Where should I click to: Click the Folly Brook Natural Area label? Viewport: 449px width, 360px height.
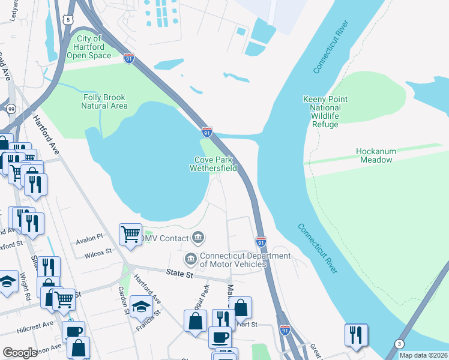pos(104,101)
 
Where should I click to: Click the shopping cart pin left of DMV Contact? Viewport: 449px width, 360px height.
pos(130,234)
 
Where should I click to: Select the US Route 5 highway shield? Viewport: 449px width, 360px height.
pos(69,20)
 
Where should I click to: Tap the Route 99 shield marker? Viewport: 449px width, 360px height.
pos(11,109)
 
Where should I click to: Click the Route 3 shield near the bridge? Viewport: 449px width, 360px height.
pos(399,343)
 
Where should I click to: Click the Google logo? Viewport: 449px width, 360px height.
pos(20,353)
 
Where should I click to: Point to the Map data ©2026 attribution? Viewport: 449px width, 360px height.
pos(423,355)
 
